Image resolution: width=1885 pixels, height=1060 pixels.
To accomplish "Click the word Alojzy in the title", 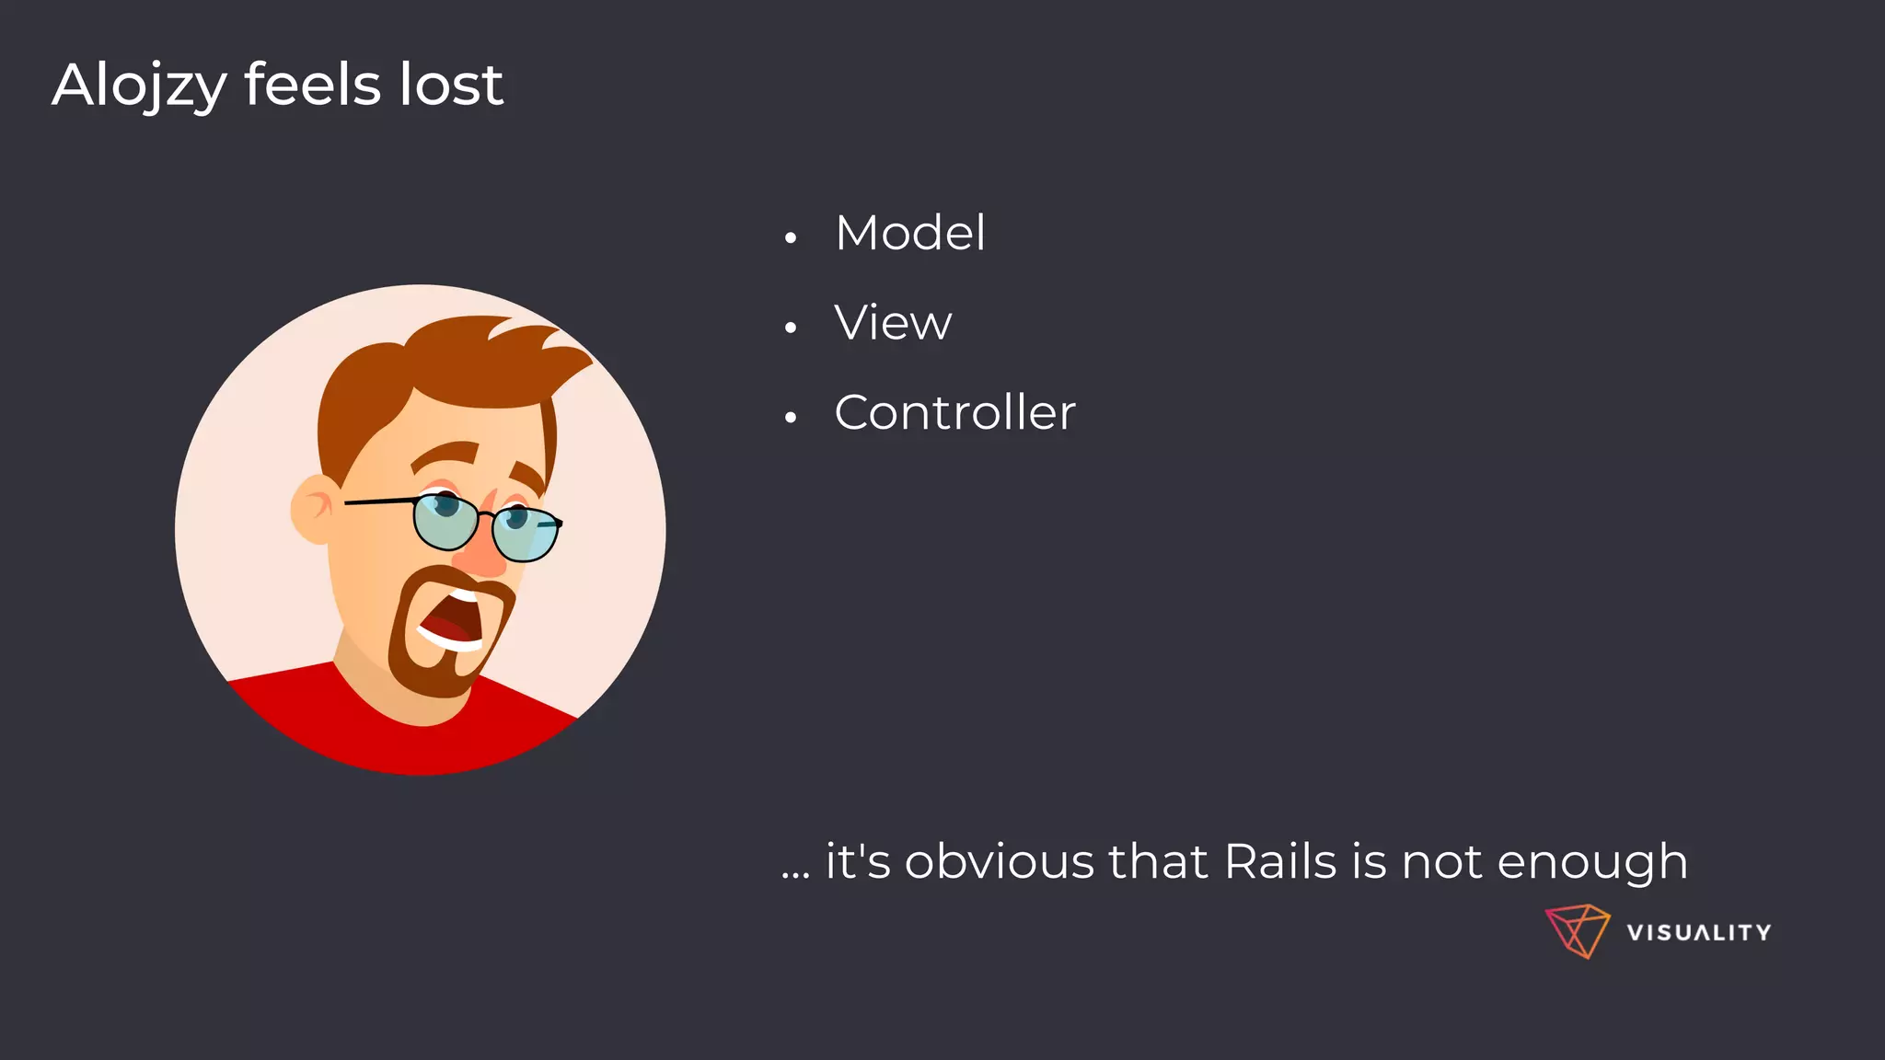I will pyautogui.click(x=139, y=86).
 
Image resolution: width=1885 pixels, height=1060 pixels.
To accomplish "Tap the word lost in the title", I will pyautogui.click(x=451, y=85).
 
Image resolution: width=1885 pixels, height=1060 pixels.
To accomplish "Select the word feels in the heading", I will pyautogui.click(x=312, y=85).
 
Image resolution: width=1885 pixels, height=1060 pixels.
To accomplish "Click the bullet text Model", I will pyautogui.click(x=909, y=233).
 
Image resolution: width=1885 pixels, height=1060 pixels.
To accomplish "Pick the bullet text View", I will pyautogui.click(x=893, y=323).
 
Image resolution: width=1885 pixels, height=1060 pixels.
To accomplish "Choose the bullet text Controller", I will pyautogui.click(x=954, y=412).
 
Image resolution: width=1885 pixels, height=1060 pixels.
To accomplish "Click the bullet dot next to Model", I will pyautogui.click(x=790, y=238).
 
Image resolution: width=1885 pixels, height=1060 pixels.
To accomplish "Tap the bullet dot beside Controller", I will pyautogui.click(x=790, y=418).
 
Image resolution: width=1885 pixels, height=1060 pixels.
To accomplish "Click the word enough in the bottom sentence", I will pyautogui.click(x=1591, y=863).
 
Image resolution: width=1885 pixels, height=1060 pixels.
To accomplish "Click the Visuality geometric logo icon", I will pyautogui.click(x=1577, y=931).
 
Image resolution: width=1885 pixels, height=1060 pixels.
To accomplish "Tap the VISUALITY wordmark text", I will pyautogui.click(x=1698, y=933).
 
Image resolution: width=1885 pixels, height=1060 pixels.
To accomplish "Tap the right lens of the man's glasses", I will pyautogui.click(x=526, y=533).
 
